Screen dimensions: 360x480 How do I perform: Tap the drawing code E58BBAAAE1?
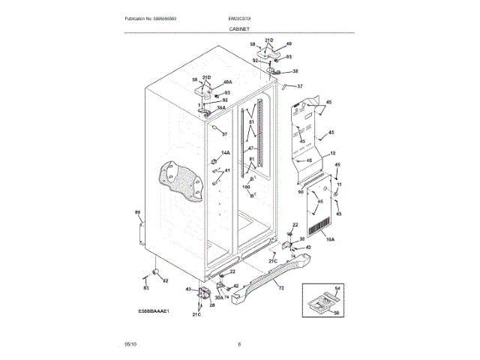click(153, 310)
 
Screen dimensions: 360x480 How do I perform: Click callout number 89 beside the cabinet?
click(137, 214)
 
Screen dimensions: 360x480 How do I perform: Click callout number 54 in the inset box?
click(337, 289)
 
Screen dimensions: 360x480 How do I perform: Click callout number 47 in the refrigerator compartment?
click(252, 148)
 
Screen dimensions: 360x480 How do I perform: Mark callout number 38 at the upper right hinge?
click(295, 71)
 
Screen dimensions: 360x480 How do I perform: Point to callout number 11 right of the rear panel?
click(338, 184)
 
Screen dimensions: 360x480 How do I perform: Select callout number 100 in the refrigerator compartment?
click(245, 187)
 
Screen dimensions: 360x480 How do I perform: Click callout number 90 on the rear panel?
click(300, 193)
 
